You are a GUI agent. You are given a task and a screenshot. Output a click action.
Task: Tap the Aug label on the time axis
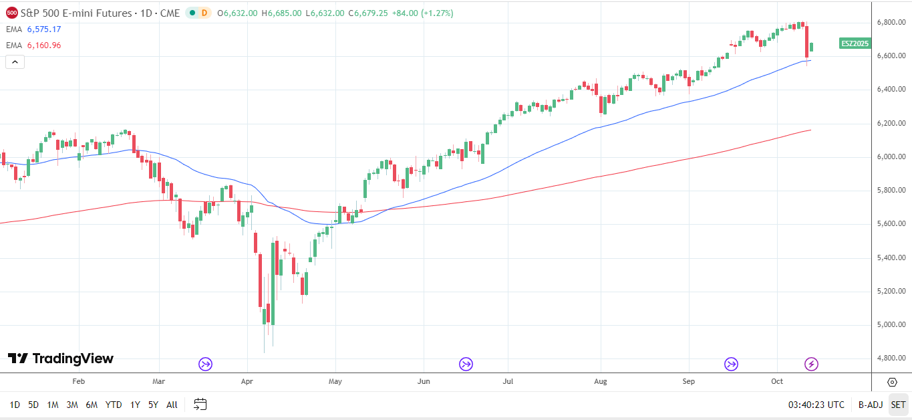pyautogui.click(x=601, y=381)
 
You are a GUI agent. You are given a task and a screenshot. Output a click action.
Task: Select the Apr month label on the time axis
pyautogui.click(x=247, y=381)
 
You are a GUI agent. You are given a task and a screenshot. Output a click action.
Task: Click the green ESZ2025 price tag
pyautogui.click(x=855, y=43)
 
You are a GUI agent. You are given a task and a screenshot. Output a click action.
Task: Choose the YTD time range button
pyautogui.click(x=114, y=405)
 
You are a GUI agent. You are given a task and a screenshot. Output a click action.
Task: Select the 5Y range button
pyautogui.click(x=153, y=405)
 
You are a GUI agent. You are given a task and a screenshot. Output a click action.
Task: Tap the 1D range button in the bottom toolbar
pyautogui.click(x=15, y=405)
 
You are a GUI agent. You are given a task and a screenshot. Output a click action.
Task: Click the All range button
pyautogui.click(x=172, y=405)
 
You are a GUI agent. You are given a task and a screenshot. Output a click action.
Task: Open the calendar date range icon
pyautogui.click(x=200, y=405)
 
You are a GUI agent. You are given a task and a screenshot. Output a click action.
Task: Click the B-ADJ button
pyautogui.click(x=870, y=405)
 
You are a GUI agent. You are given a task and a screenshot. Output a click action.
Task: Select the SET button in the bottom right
pyautogui.click(x=898, y=405)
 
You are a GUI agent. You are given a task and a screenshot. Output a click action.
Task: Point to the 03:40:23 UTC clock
pyautogui.click(x=816, y=405)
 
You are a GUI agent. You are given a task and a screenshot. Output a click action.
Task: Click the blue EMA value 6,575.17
pyautogui.click(x=44, y=29)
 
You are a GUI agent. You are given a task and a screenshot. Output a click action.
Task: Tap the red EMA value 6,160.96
pyautogui.click(x=44, y=45)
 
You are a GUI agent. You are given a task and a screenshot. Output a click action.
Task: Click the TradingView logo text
pyautogui.click(x=61, y=358)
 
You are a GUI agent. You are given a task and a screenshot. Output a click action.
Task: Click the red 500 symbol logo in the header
pyautogui.click(x=12, y=13)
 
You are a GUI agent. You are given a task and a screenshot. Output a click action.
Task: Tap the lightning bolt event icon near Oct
pyautogui.click(x=811, y=364)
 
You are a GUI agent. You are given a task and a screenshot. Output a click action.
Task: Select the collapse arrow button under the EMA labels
pyautogui.click(x=15, y=62)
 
